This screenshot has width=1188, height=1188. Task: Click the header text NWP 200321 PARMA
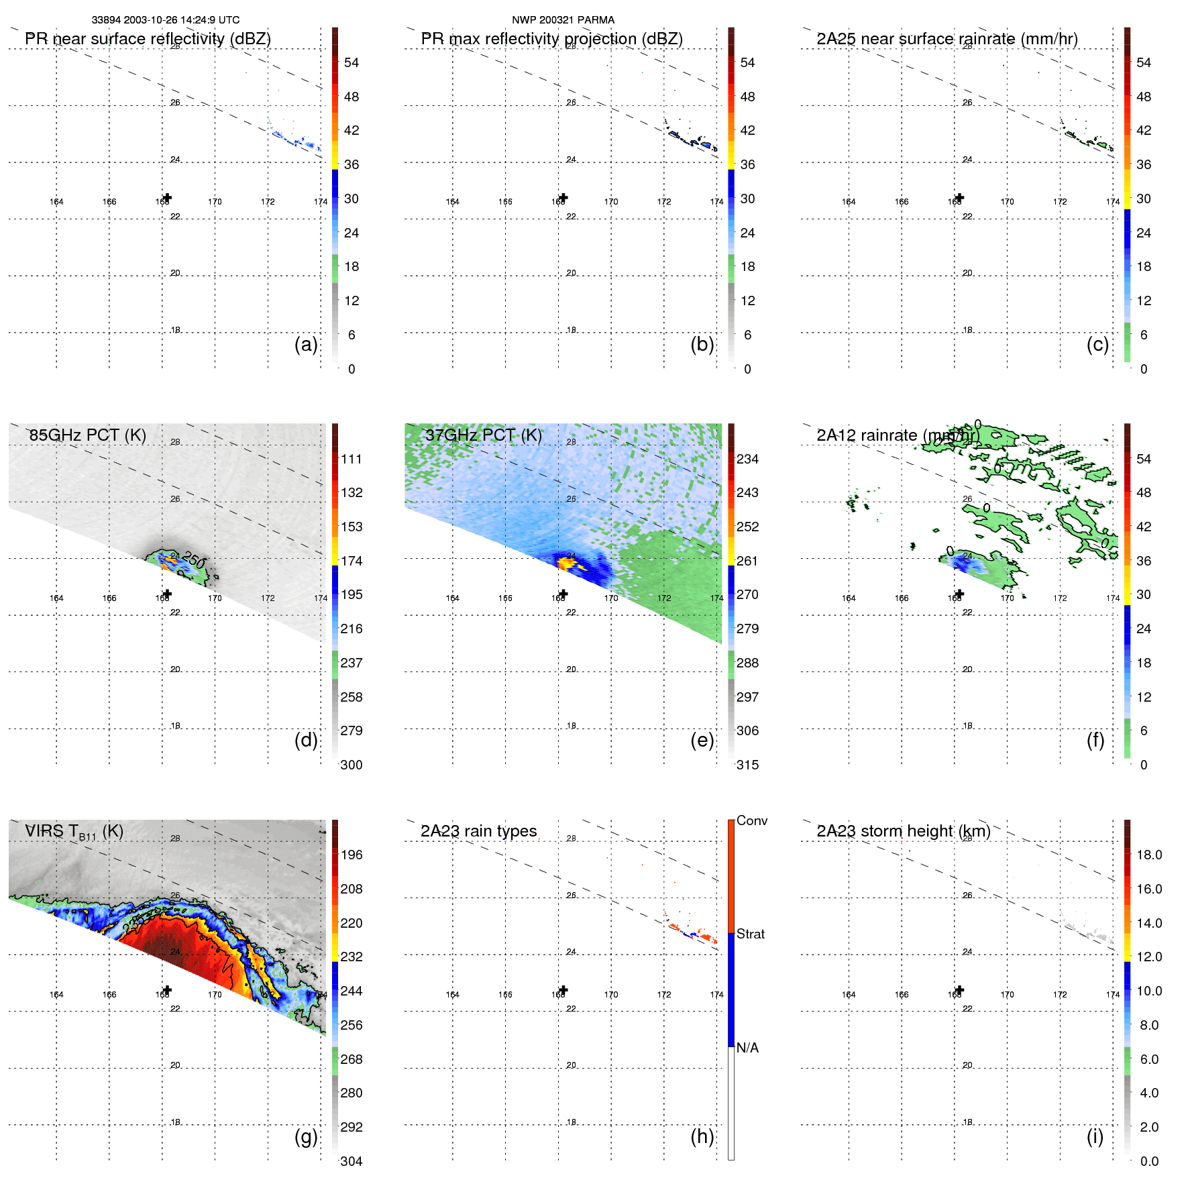point(563,20)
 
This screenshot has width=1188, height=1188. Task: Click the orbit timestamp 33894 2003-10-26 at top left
point(165,20)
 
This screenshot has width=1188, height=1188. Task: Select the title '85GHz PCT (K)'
point(87,435)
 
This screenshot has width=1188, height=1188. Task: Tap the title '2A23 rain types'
point(478,831)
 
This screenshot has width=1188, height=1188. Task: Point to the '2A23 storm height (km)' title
point(903,831)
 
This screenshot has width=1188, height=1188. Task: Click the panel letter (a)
point(306,344)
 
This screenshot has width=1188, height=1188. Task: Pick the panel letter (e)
point(702,740)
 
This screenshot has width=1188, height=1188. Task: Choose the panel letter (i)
point(1095,1136)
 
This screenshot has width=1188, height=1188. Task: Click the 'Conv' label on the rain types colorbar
point(752,820)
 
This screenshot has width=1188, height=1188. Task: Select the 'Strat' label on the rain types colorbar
point(751,934)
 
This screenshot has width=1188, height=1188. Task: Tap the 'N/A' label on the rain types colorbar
point(747,1048)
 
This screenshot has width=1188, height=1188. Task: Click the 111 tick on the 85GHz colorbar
point(352,459)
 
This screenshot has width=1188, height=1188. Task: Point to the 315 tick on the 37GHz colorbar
point(747,765)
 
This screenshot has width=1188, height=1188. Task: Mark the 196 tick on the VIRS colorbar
point(352,855)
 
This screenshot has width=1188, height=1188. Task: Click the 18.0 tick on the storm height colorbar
point(1149,855)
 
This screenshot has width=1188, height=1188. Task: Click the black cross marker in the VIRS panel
point(167,989)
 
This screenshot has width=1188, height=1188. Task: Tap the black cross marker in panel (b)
point(563,197)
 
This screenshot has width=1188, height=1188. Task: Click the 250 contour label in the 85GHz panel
point(193,560)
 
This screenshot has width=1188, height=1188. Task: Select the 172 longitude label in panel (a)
point(268,202)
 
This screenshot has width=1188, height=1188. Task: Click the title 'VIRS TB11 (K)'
point(74,832)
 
